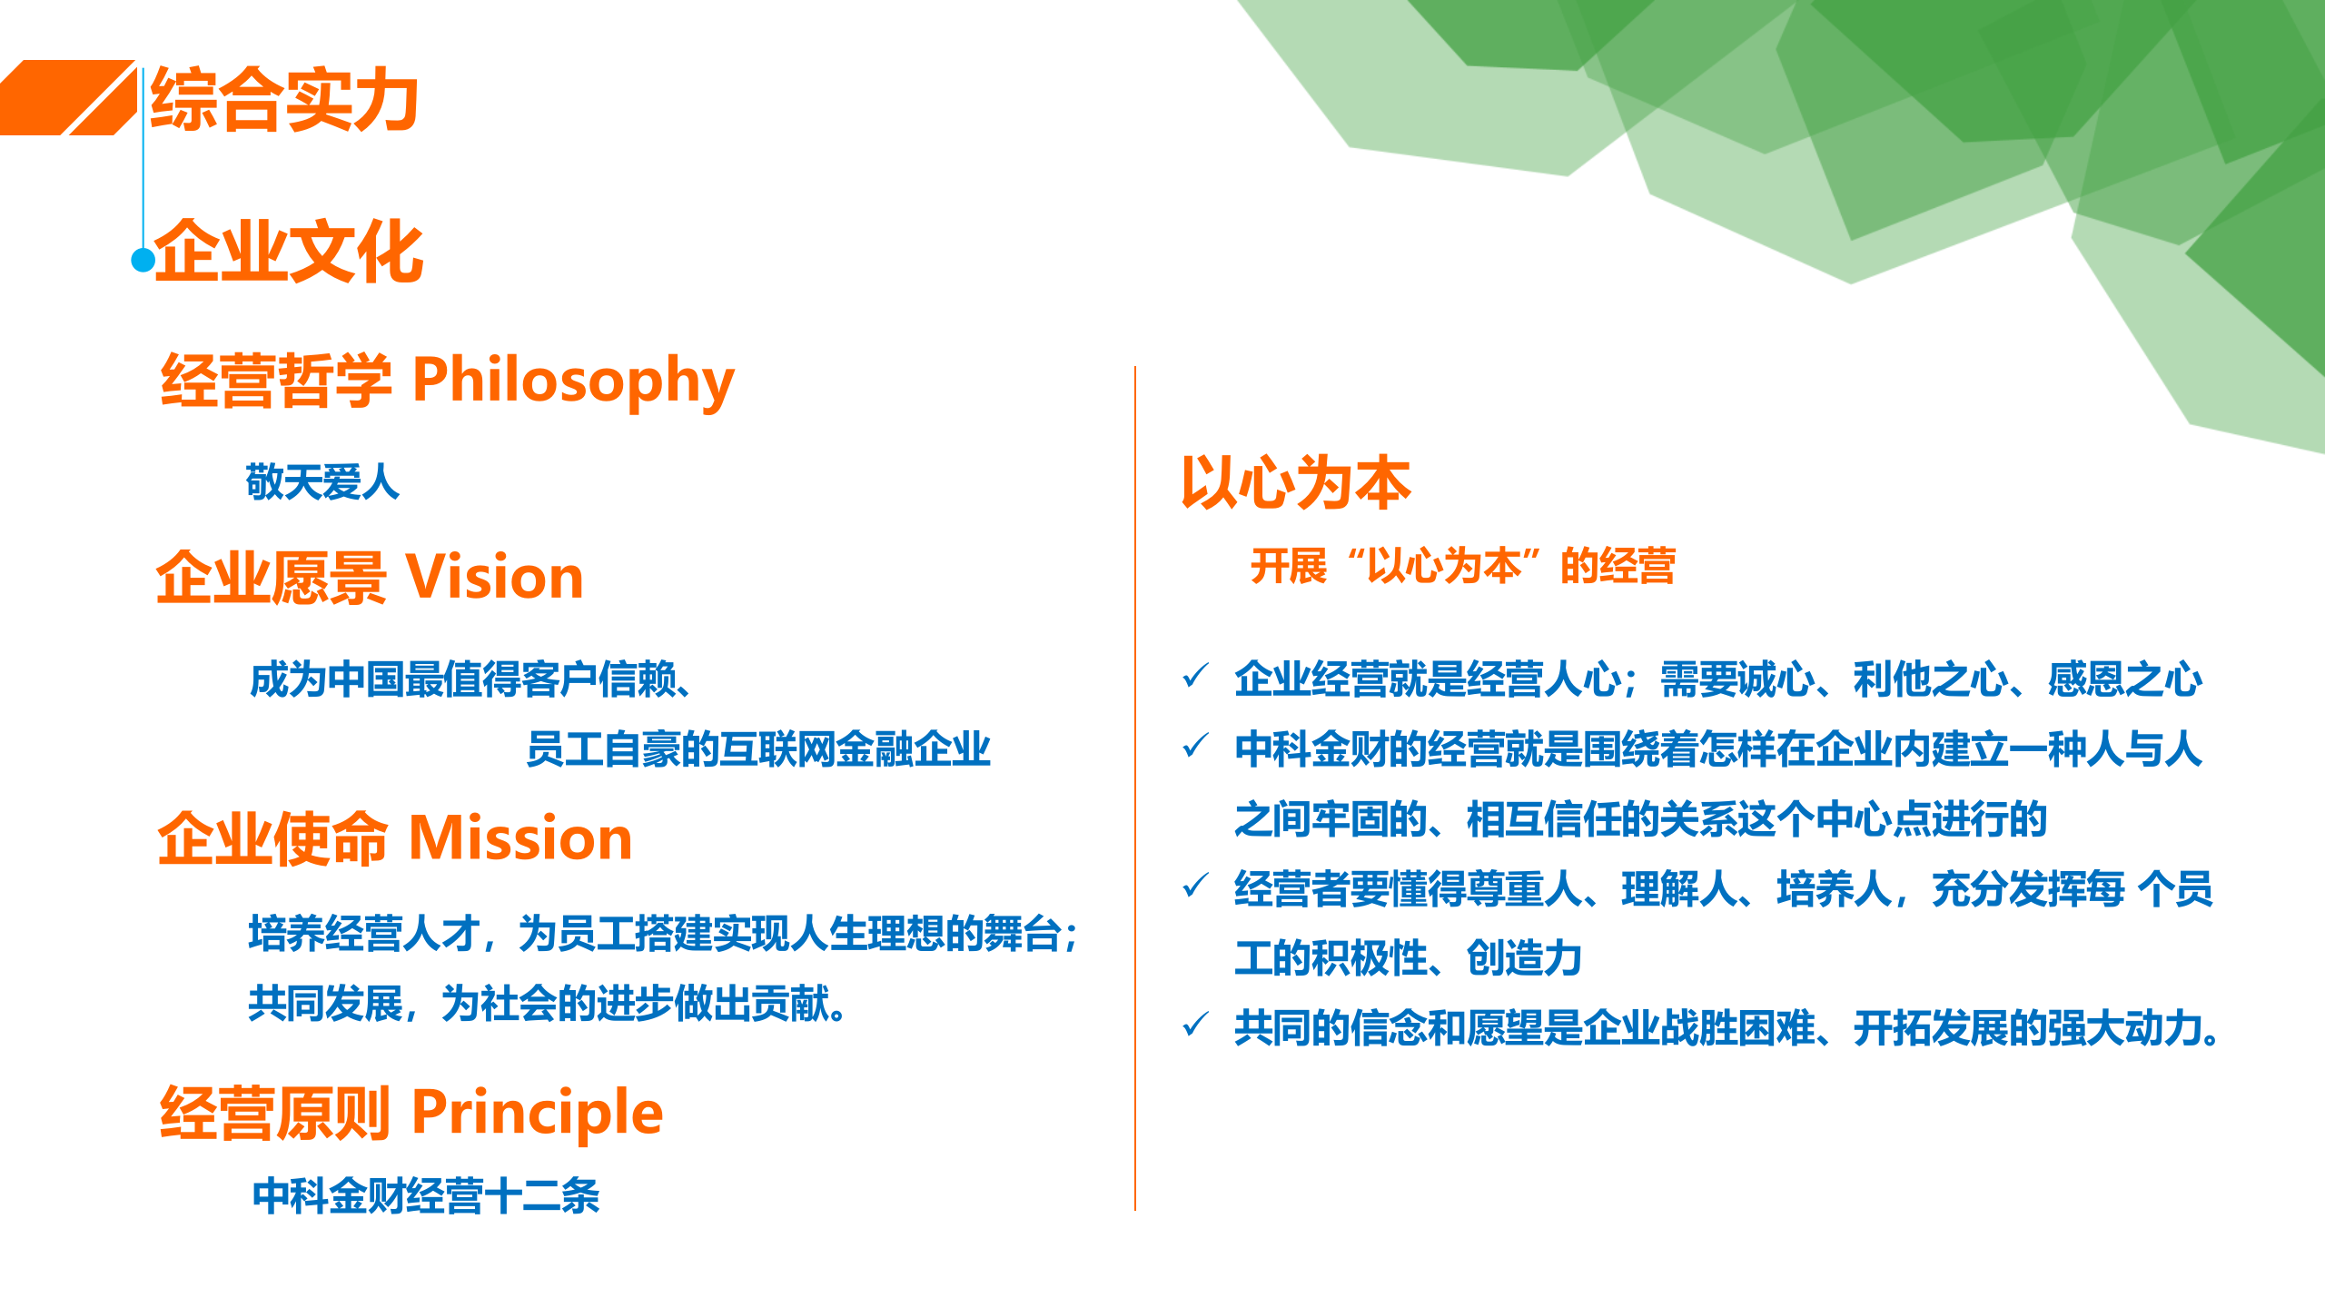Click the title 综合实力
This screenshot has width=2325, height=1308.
click(284, 100)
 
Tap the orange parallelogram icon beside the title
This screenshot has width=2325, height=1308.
click(68, 98)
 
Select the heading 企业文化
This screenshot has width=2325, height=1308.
click(289, 252)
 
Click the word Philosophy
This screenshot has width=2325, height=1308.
click(573, 381)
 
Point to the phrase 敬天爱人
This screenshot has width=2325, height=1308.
click(322, 482)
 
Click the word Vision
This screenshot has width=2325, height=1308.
click(494, 578)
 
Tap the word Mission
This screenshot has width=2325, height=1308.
click(520, 838)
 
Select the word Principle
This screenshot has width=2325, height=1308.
click(537, 1113)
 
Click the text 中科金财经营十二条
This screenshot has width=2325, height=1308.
click(426, 1196)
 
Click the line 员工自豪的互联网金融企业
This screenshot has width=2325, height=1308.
click(758, 749)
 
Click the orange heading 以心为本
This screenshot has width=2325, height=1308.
click(1296, 483)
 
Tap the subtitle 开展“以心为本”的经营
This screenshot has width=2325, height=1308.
click(1462, 566)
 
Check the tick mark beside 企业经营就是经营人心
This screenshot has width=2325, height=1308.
click(1195, 677)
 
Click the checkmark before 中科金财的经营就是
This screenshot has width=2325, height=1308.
click(1195, 747)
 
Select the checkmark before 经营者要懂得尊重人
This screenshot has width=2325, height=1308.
click(1195, 886)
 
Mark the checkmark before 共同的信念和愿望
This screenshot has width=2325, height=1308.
click(1195, 1026)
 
